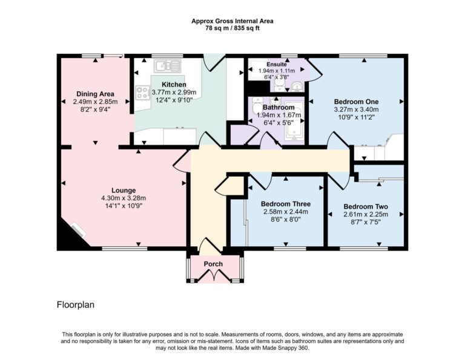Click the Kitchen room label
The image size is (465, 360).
pos(174,84)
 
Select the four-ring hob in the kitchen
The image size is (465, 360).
pos(143,93)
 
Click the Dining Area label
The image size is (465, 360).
pos(95,94)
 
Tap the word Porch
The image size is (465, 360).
pos(213,264)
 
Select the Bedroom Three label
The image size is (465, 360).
pos(285,203)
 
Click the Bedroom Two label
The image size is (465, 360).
pos(366,206)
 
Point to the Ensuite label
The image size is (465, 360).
pos(276,64)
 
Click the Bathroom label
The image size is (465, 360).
pos(276,106)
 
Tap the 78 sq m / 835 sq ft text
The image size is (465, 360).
pos(232,28)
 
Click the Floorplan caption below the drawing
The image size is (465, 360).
pos(76,305)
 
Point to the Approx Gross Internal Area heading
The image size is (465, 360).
pos(232,21)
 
